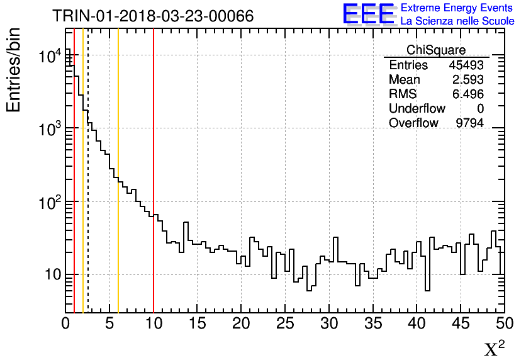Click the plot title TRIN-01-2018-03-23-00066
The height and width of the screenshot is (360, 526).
click(153, 16)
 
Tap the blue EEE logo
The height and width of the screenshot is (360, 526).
click(369, 14)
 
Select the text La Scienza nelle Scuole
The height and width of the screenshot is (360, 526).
click(457, 21)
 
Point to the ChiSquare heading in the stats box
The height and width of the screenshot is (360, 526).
click(436, 50)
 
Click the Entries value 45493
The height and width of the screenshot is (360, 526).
click(466, 65)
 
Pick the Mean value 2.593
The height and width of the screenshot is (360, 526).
click(468, 80)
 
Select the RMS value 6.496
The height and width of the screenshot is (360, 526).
click(468, 94)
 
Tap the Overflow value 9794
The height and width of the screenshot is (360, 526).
click(469, 123)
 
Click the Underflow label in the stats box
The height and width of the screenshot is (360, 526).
click(417, 109)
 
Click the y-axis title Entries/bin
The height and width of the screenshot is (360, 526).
click(13, 70)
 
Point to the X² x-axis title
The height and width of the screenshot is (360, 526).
click(495, 349)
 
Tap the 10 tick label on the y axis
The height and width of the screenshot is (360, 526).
click(48, 275)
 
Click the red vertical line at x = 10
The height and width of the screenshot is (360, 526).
click(154, 189)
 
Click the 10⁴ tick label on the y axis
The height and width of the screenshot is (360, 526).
click(48, 57)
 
